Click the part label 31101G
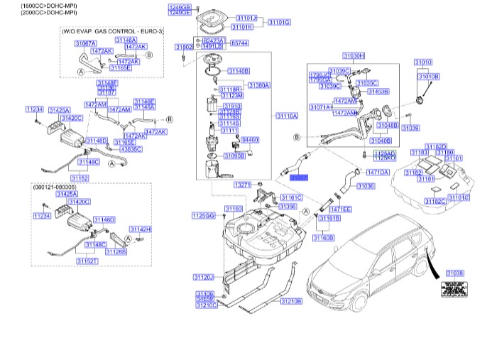pos(279,22)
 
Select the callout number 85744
pos(239,43)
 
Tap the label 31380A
pos(258,84)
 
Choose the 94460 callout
pos(251,140)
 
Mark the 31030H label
pos(353,55)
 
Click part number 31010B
pos(428,76)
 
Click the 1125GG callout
pos(202,214)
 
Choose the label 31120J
pos(203,276)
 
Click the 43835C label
pos(131,149)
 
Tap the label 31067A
pos(85,43)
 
